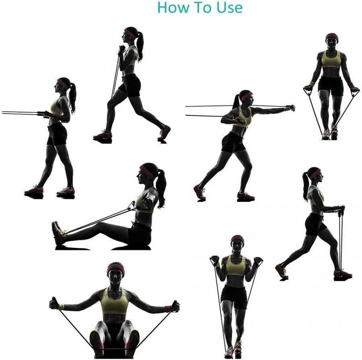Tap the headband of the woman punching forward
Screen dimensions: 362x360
[246, 96]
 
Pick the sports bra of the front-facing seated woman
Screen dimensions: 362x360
[114, 301]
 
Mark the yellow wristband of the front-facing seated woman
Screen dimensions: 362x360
[62, 307]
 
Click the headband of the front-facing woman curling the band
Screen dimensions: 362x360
[237, 239]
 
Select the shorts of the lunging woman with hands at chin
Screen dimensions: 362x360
[129, 84]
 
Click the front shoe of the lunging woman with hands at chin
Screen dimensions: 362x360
[103, 135]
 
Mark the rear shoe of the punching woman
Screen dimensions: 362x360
[200, 192]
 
